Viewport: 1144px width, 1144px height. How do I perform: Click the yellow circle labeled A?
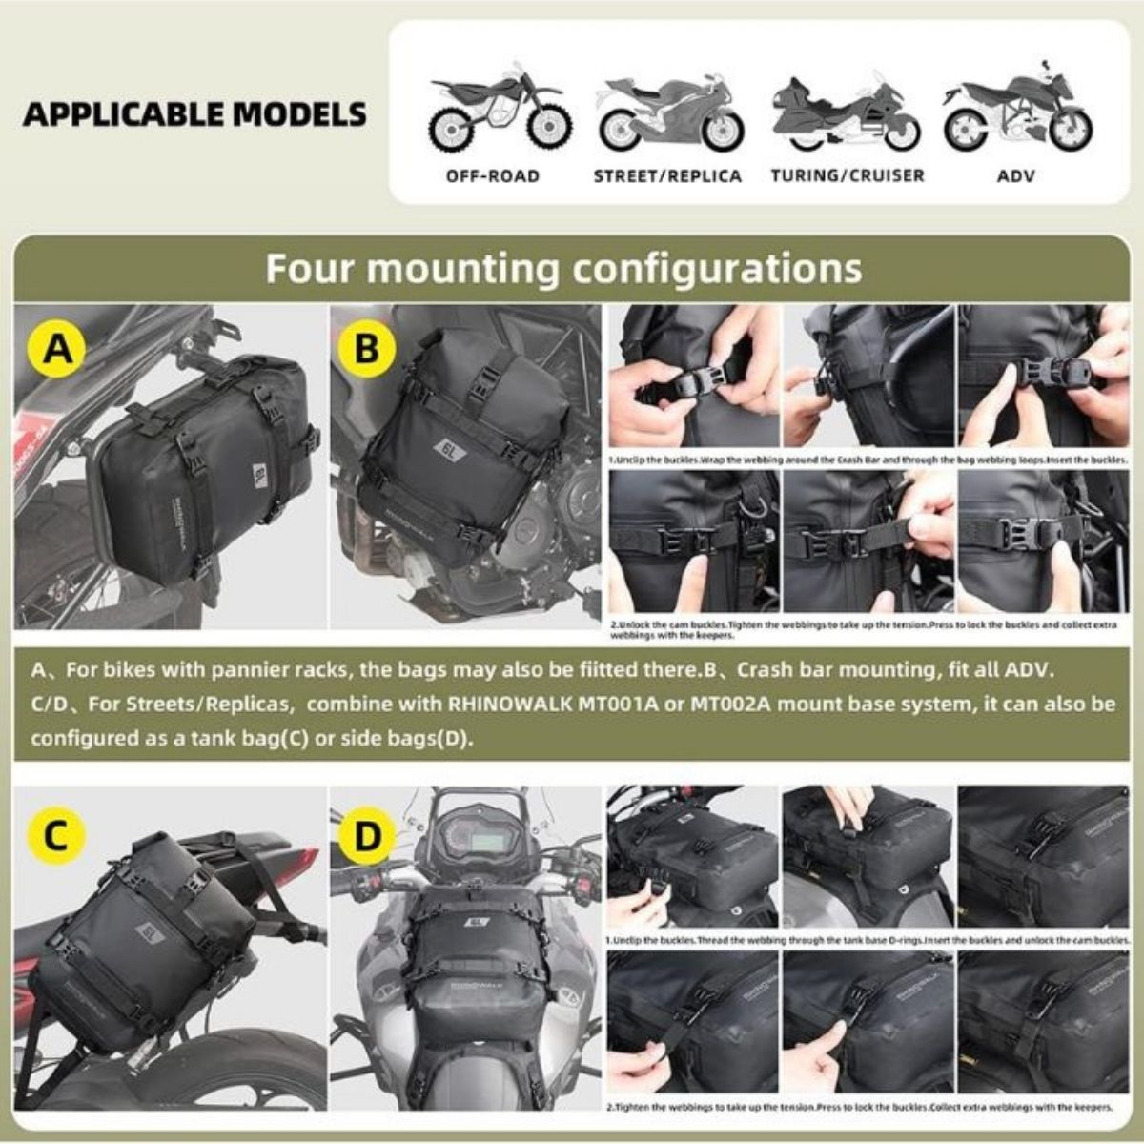click(x=58, y=350)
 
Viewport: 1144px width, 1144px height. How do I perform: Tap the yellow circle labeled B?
click(x=367, y=350)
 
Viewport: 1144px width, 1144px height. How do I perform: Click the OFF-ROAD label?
click(x=493, y=176)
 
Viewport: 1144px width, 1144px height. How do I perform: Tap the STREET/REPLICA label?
click(x=667, y=176)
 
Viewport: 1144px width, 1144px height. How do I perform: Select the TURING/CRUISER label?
click(x=848, y=176)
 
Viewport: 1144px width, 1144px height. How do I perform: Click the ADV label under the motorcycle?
click(x=1016, y=176)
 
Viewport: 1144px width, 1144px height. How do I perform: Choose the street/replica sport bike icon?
click(x=670, y=112)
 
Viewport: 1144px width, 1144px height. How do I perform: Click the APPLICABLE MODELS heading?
click(x=194, y=113)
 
